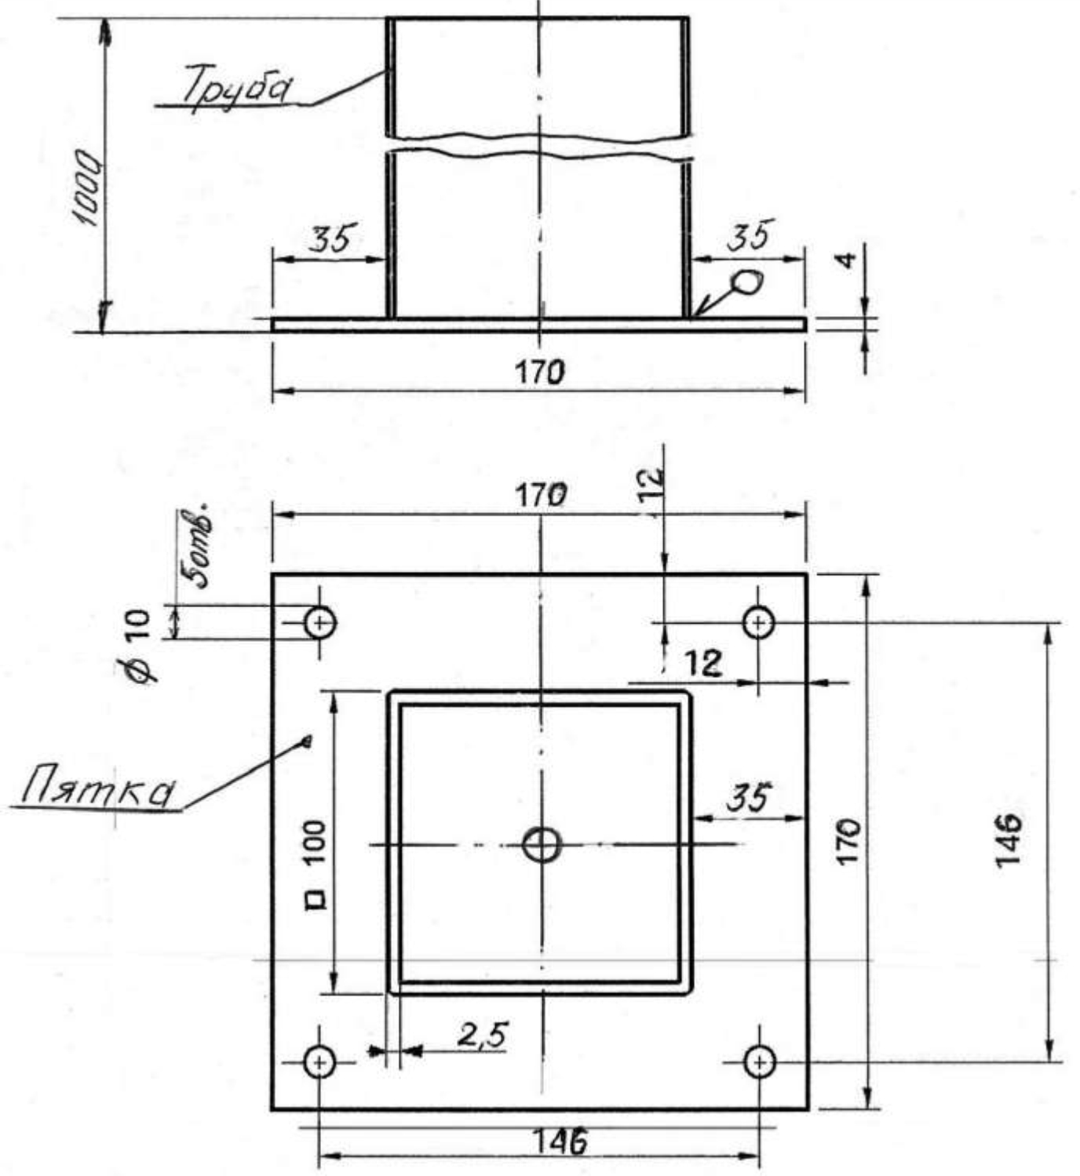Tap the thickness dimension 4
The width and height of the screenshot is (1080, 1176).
point(845,260)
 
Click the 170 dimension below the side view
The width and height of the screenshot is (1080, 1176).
point(540,372)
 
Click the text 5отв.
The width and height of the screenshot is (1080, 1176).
point(197,544)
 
